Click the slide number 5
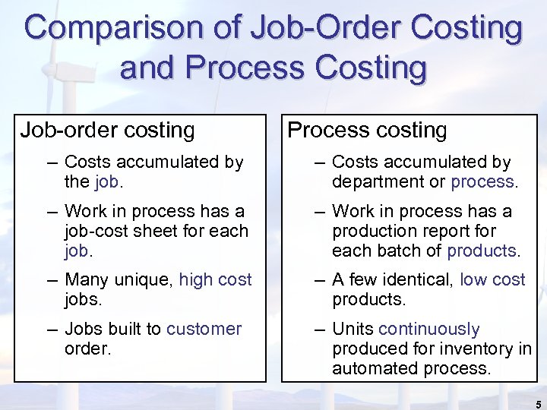tap(538, 404)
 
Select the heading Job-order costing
tap(107, 131)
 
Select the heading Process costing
tap(367, 131)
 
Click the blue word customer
tap(204, 329)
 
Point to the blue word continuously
tap(428, 329)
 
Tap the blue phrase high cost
tap(215, 279)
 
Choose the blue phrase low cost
tap(492, 279)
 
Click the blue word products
tap(482, 251)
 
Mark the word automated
tap(373, 368)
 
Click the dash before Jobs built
tap(51, 329)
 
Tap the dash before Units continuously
tap(318, 329)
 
